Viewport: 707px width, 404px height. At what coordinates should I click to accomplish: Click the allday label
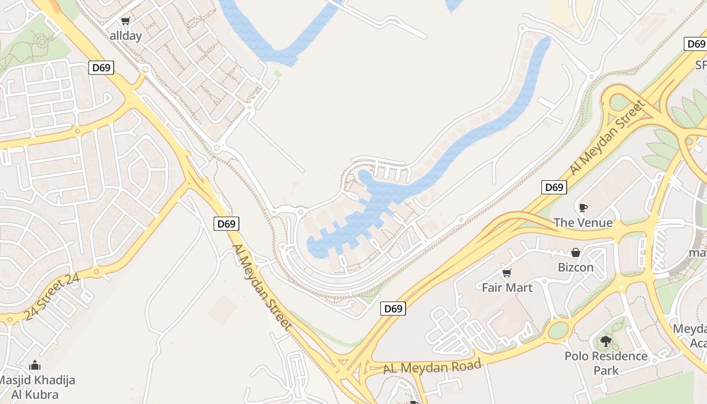coord(126,36)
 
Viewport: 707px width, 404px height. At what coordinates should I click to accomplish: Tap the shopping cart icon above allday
coord(126,21)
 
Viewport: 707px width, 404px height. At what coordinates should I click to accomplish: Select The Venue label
coord(583,223)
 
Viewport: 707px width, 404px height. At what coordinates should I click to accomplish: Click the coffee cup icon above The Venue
coord(583,208)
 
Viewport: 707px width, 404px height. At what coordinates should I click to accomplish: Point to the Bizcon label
coord(576,267)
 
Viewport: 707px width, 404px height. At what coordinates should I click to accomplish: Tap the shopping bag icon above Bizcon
coord(576,252)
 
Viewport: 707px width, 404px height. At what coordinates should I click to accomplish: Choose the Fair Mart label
coord(507,287)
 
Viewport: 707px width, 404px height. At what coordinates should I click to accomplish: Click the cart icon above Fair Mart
coord(507,273)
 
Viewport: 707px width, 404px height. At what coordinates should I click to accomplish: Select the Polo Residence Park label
coord(606,363)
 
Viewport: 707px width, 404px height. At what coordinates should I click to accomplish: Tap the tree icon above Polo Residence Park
coord(605,341)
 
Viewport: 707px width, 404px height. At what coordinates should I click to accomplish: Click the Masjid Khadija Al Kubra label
coord(36,387)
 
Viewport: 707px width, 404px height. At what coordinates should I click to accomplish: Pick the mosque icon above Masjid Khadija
coord(35,365)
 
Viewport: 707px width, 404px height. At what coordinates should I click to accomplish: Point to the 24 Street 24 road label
coord(52,297)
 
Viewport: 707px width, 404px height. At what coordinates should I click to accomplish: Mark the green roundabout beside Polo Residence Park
coord(558,330)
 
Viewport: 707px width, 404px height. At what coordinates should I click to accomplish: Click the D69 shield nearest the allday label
coord(101,68)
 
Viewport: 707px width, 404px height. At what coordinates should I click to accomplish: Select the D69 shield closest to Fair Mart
coord(393,309)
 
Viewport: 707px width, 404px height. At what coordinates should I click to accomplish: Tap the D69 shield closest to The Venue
coord(554,187)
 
